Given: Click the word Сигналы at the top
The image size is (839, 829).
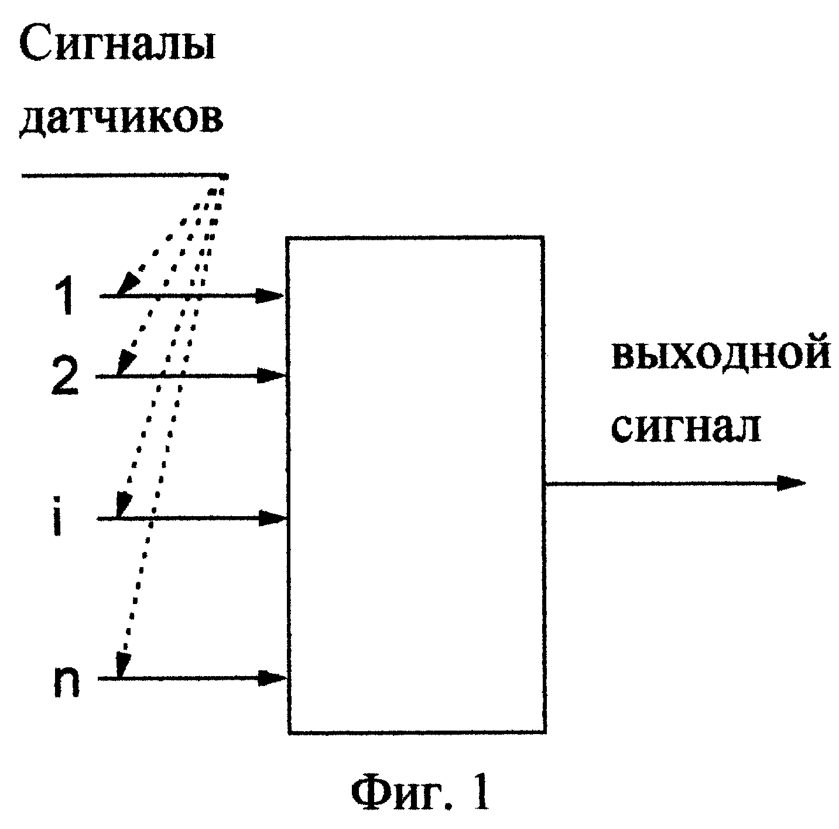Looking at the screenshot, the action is point(118,46).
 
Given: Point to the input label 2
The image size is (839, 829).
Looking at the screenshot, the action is point(65,376).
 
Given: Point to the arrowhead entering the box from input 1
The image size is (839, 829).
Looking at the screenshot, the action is point(270,296).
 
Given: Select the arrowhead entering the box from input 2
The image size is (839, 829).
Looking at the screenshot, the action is point(271,376).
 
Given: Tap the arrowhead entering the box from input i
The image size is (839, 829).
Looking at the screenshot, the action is point(272,518).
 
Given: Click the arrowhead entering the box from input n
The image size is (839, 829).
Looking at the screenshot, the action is point(273,678).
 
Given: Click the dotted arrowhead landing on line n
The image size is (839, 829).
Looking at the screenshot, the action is point(124,664).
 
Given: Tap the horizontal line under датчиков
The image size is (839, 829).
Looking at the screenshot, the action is point(125,176).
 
